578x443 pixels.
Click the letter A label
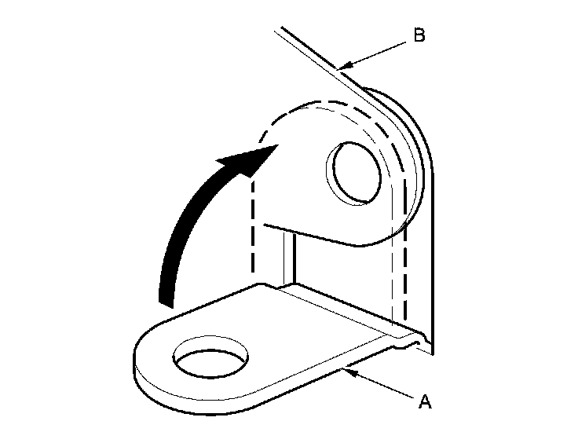tap(424, 402)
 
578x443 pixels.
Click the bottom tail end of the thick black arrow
tap(167, 299)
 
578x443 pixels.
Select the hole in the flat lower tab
tap(209, 362)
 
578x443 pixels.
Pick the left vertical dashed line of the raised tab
tap(252, 228)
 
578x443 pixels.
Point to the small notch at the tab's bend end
tap(413, 340)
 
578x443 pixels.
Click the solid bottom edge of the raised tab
tap(314, 236)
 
